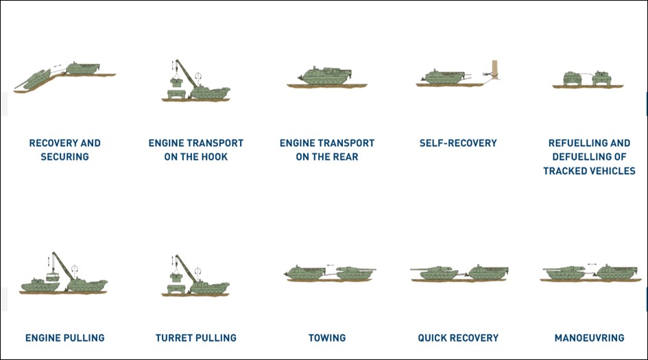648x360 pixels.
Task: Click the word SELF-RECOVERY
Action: tap(458, 143)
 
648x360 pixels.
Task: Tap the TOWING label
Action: tap(327, 337)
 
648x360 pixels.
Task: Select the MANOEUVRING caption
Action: tap(589, 337)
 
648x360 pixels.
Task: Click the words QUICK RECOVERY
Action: tap(458, 337)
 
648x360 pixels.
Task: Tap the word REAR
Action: tap(346, 156)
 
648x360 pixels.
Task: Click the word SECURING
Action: tap(65, 156)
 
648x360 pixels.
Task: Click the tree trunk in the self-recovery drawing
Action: tap(494, 69)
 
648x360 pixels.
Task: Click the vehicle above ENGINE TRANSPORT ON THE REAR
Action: tap(325, 75)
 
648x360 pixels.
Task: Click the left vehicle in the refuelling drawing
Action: tap(573, 78)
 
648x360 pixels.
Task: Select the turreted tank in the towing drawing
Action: tap(355, 273)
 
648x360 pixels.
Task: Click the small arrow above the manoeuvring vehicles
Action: tap(592, 264)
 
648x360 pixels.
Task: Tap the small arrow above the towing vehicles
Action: tap(330, 265)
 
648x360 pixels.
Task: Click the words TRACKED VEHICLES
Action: tap(589, 171)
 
